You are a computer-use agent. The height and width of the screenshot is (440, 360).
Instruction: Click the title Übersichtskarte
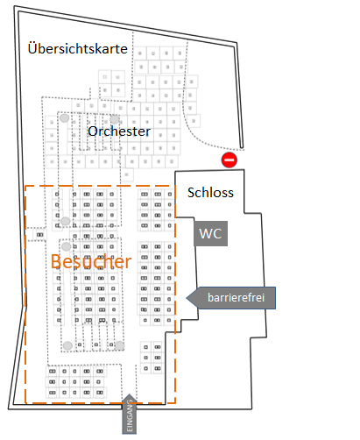pyautogui.click(x=78, y=48)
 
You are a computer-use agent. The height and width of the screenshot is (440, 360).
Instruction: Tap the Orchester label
pyautogui.click(x=119, y=131)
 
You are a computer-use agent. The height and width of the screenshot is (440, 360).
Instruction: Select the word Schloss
pyautogui.click(x=210, y=193)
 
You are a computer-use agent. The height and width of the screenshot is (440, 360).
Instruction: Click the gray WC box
pyautogui.click(x=210, y=233)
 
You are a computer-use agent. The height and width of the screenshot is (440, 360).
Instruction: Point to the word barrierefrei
pyautogui.click(x=236, y=297)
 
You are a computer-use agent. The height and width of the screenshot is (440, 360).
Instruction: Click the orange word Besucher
pyautogui.click(x=91, y=261)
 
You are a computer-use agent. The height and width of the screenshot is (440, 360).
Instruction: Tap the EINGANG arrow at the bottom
pyautogui.click(x=129, y=414)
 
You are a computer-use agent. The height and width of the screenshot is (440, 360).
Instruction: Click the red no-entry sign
pyautogui.click(x=229, y=160)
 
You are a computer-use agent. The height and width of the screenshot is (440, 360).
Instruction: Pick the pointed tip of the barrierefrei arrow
pyautogui.click(x=187, y=298)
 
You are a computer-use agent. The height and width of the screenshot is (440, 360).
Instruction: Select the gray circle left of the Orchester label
pyautogui.click(x=65, y=118)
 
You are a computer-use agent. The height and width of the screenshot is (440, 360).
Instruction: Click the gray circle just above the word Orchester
pyautogui.click(x=115, y=119)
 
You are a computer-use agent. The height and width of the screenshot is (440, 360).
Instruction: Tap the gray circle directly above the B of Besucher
pyautogui.click(x=66, y=246)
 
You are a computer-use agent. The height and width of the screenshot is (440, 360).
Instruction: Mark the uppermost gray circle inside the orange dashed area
pyautogui.click(x=65, y=221)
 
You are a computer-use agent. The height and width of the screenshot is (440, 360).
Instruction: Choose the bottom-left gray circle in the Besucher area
pyautogui.click(x=67, y=345)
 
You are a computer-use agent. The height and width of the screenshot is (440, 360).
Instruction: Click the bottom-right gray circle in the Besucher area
pyautogui.click(x=119, y=345)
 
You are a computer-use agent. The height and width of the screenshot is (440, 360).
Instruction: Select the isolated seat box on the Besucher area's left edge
pyautogui.click(x=39, y=235)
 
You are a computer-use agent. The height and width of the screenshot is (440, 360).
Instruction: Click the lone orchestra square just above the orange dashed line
pyautogui.click(x=127, y=174)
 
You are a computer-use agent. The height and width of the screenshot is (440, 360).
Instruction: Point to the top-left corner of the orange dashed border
pyautogui.click(x=25, y=186)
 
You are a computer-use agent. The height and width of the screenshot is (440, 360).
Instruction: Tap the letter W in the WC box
pyautogui.click(x=206, y=234)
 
